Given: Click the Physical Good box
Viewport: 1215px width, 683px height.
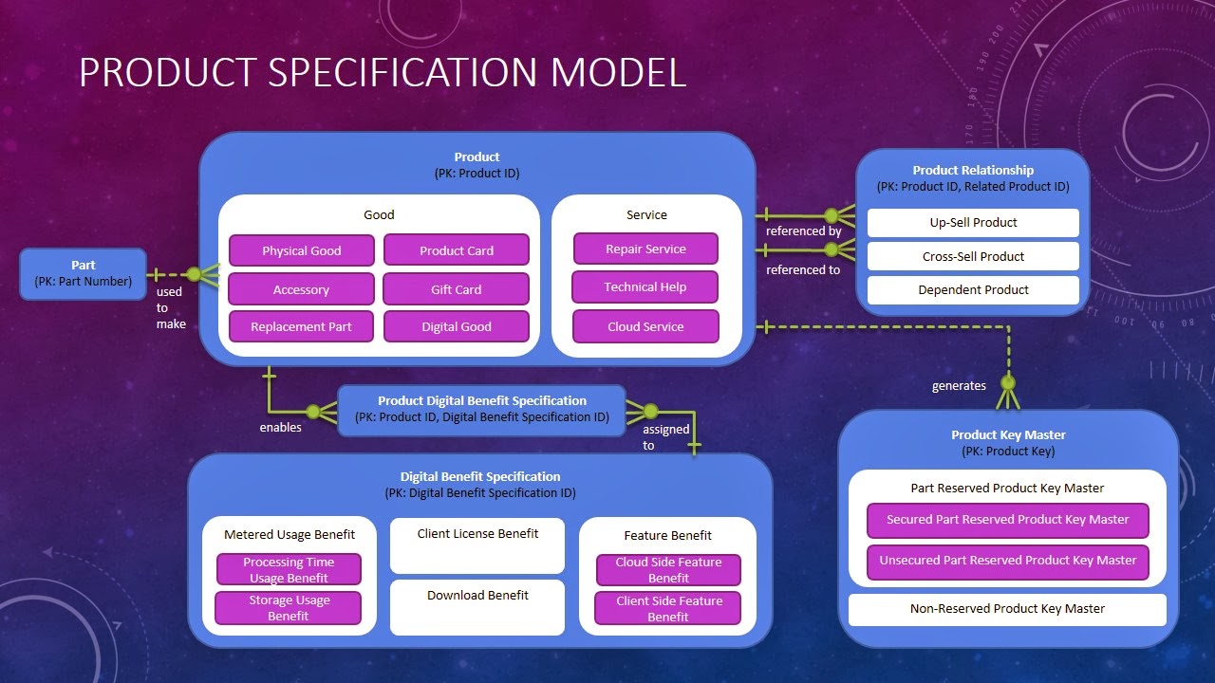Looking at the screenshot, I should [301, 250].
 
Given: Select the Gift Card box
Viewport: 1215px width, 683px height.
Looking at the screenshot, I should [456, 289].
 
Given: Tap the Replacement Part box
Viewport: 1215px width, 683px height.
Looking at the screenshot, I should [301, 326].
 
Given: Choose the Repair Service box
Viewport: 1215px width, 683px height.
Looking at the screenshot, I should [645, 249].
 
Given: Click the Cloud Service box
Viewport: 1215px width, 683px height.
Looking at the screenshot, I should [645, 326].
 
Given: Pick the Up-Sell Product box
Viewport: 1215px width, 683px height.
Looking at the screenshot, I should [973, 223].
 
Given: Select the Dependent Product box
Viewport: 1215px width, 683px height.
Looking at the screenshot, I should [973, 290].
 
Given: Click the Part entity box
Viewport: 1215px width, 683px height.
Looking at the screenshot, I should [84, 273].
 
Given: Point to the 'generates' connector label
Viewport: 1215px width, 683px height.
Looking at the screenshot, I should [959, 386].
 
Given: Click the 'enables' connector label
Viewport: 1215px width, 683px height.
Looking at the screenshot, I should [281, 428].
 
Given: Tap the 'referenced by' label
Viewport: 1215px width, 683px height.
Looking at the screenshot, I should [804, 231].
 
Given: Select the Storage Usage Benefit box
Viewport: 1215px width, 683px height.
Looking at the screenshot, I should [289, 608].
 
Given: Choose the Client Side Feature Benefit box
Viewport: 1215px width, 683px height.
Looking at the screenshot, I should [668, 609].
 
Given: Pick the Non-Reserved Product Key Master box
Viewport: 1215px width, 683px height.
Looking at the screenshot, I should [1007, 609].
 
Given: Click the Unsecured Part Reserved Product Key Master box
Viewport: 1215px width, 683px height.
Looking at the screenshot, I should [1007, 561].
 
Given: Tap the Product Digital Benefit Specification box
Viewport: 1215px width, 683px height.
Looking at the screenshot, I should [481, 409].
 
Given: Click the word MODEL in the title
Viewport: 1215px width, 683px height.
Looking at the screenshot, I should [593, 73].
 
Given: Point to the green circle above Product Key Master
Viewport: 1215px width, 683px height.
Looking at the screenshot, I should [1008, 383].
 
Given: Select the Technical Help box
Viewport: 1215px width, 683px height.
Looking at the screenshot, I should [645, 287].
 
